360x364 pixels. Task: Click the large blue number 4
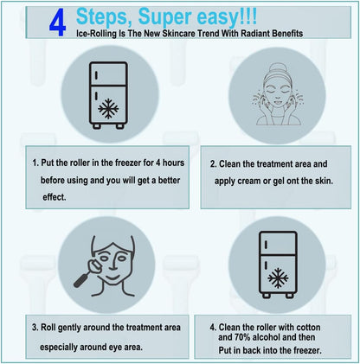click(x=58, y=23)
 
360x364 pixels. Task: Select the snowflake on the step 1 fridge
click(x=108, y=109)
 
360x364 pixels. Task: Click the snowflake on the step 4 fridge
click(x=278, y=278)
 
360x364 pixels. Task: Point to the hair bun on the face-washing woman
click(x=277, y=68)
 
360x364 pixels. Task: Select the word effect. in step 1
click(x=55, y=197)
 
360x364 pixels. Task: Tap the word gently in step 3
click(x=69, y=328)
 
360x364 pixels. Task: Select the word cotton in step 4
click(x=308, y=328)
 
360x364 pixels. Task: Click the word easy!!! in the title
click(x=227, y=17)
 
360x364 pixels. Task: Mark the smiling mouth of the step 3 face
click(x=112, y=278)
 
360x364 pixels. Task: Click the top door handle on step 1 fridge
click(x=96, y=75)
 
